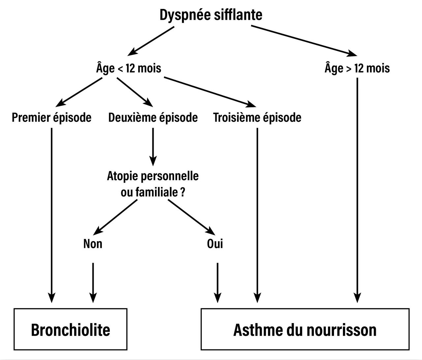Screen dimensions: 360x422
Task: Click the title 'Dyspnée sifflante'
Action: (x=211, y=15)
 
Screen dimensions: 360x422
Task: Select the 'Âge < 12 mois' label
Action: (x=129, y=68)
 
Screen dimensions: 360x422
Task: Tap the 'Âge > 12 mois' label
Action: (x=357, y=68)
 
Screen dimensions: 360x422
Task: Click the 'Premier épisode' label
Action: (x=51, y=117)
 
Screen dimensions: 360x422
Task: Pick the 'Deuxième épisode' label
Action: (x=153, y=117)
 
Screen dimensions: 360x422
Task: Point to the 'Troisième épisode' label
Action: (x=257, y=117)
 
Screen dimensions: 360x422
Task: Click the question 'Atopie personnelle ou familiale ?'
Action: (x=153, y=184)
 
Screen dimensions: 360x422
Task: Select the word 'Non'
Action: (x=93, y=244)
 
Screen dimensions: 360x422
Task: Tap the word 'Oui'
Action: (x=215, y=244)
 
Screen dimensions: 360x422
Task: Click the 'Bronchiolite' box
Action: (x=71, y=329)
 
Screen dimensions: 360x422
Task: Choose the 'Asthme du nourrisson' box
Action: (x=305, y=329)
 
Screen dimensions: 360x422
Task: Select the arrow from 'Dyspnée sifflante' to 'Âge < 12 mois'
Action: (x=152, y=40)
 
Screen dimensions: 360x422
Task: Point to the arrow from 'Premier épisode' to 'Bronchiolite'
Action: (x=51, y=214)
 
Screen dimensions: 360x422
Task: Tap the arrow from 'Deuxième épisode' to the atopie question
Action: (x=153, y=147)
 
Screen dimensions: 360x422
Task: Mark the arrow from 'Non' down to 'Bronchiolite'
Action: (x=93, y=282)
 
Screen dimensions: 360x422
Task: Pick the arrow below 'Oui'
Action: (x=217, y=282)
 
